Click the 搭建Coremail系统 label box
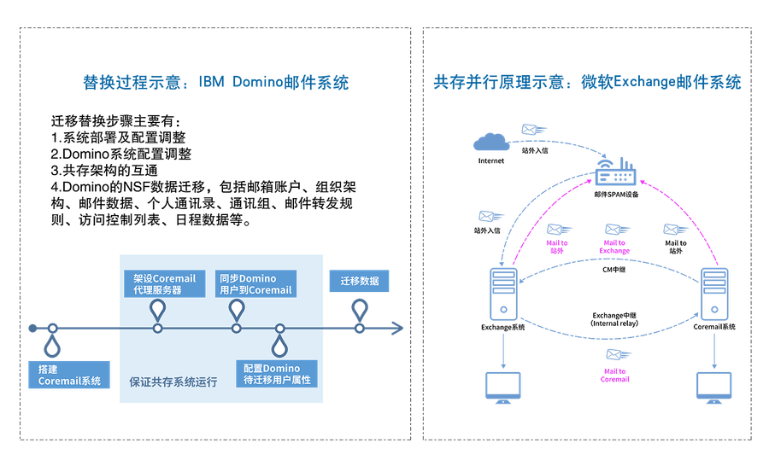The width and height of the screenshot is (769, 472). [69, 375]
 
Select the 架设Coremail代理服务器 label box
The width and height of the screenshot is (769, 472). [164, 283]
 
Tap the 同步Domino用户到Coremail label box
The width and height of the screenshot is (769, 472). [255, 283]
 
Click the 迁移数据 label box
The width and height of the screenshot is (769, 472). [359, 281]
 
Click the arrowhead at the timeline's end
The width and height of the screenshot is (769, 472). [397, 328]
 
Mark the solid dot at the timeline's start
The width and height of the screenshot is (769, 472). [32, 328]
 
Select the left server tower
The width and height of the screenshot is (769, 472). [503, 293]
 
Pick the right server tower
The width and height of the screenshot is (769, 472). [714, 293]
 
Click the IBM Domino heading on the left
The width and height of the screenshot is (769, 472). [215, 84]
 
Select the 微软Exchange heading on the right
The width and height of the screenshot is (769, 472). [588, 84]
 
